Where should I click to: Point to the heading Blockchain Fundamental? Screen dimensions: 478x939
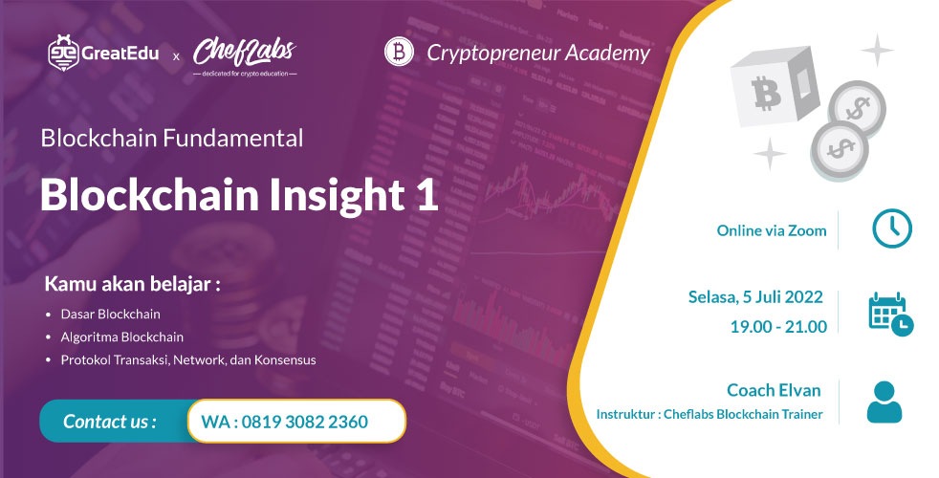(172, 138)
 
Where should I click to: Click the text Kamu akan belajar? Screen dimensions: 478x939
(133, 285)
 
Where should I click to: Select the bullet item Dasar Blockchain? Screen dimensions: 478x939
(110, 314)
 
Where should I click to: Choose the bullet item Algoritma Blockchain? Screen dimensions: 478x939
(121, 337)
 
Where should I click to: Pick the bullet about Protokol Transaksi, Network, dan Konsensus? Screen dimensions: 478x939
(187, 360)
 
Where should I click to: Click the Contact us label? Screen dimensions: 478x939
(110, 422)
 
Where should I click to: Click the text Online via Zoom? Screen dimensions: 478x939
(771, 230)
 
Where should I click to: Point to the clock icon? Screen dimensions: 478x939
(891, 228)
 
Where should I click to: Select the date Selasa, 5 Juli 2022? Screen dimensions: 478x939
(755, 297)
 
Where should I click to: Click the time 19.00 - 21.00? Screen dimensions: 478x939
(777, 326)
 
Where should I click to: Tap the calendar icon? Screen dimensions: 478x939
(889, 313)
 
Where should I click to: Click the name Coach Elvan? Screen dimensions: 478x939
(774, 390)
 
